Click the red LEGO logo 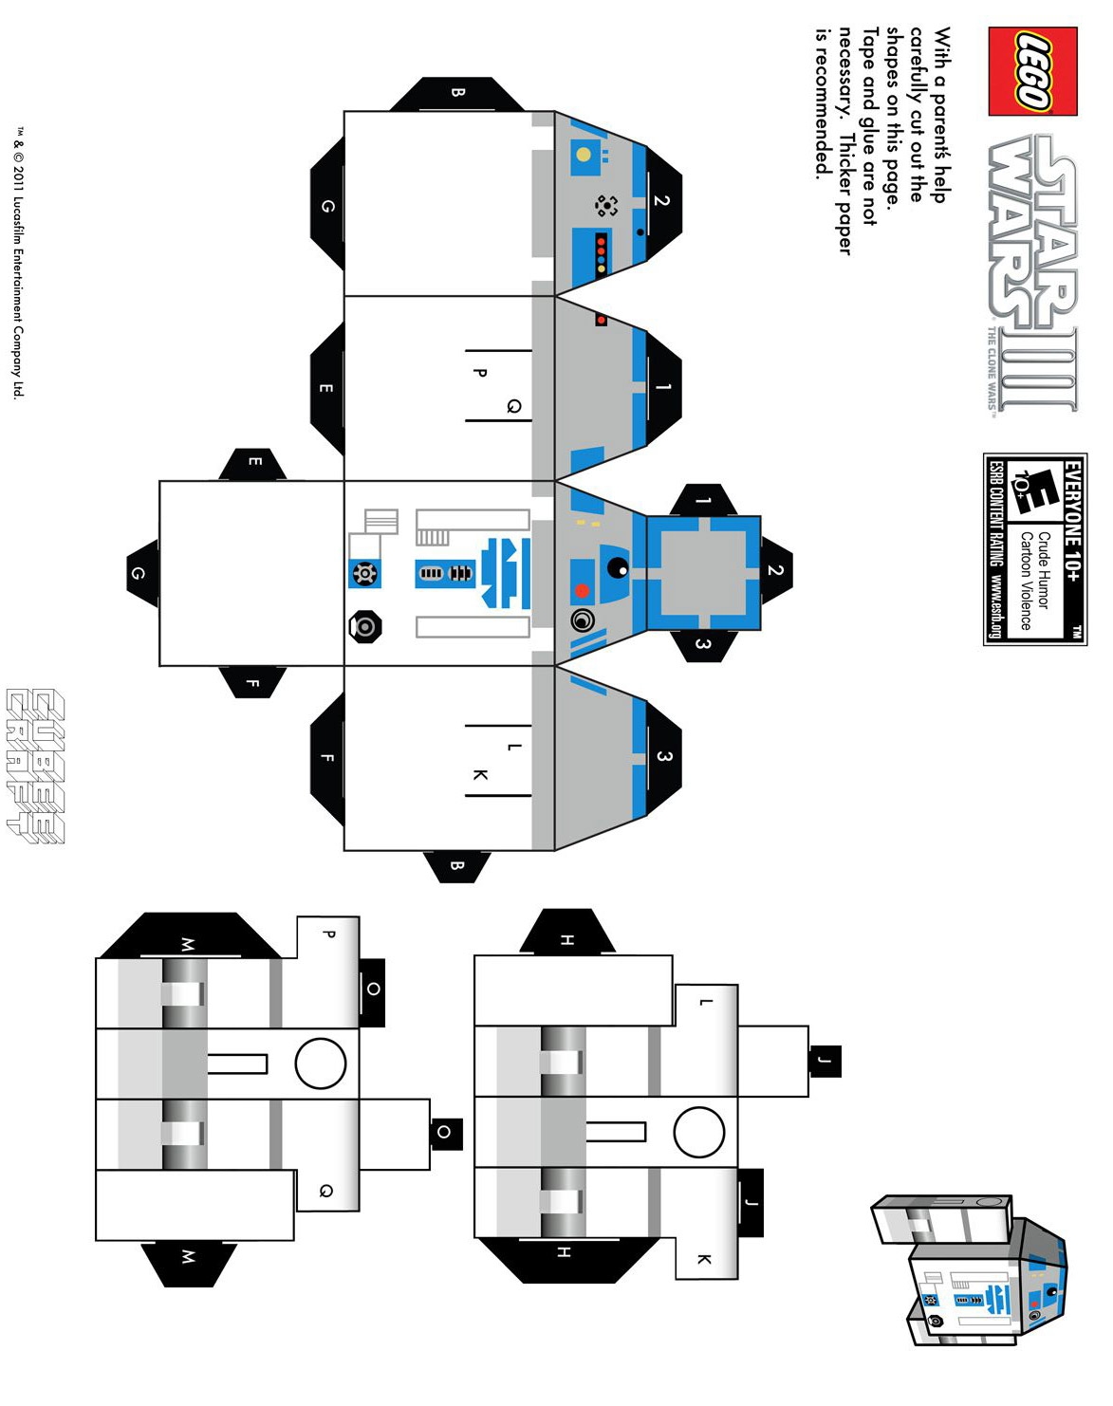click(1032, 71)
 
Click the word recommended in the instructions click(823, 104)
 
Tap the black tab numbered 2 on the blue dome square click(775, 570)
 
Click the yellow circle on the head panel click(584, 155)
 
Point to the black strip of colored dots click(601, 253)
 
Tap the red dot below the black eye click(582, 591)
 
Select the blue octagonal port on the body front click(364, 573)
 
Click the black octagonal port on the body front click(364, 626)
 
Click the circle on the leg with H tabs click(699, 1132)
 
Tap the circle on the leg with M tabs click(321, 1063)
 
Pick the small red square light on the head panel click(601, 320)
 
